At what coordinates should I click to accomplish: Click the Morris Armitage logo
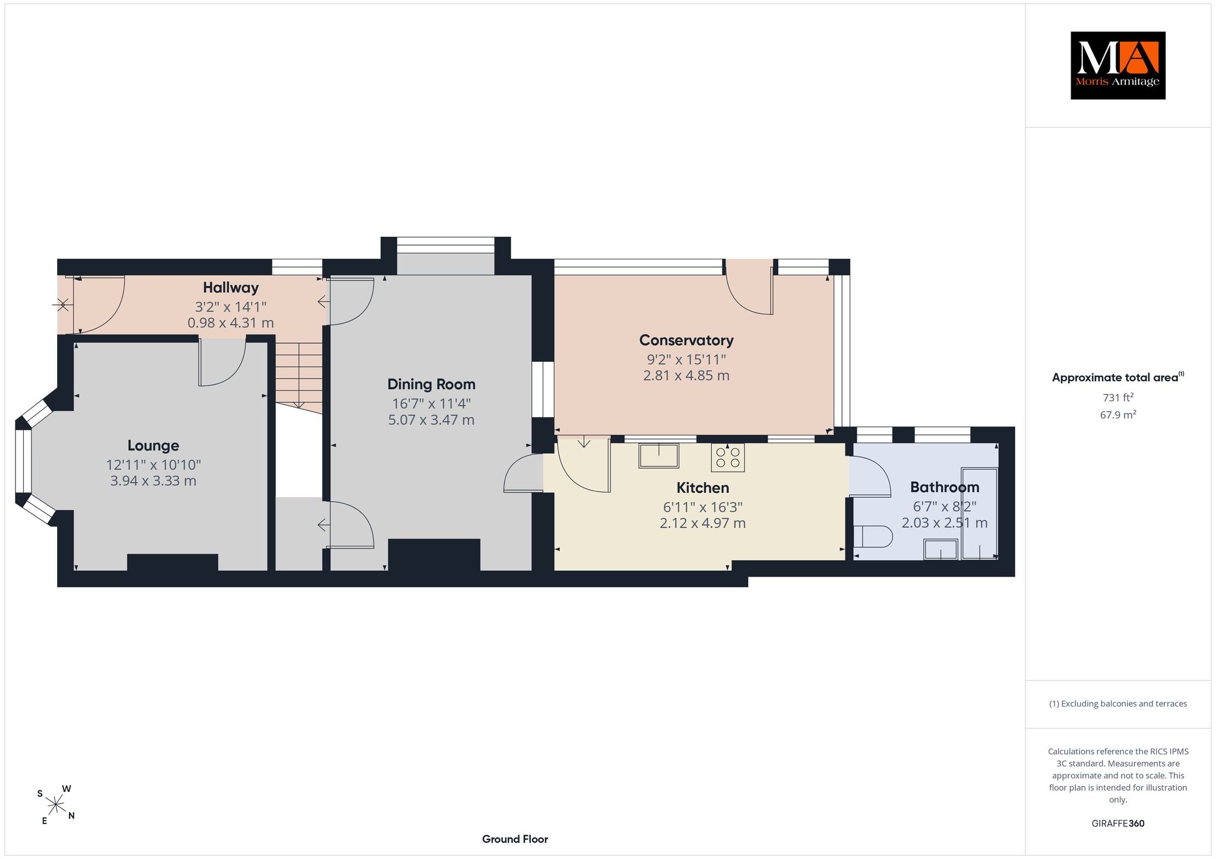(1118, 65)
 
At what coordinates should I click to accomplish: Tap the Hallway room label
(231, 288)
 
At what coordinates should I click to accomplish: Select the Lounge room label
(153, 446)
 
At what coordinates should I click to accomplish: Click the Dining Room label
(432, 384)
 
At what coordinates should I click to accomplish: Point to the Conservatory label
(686, 341)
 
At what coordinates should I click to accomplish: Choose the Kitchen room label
(703, 488)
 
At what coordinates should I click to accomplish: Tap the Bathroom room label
(945, 487)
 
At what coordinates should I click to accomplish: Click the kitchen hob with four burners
(728, 457)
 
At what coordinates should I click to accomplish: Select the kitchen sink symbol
(659, 456)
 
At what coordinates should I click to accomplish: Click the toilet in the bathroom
(873, 537)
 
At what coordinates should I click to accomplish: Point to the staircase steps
(299, 375)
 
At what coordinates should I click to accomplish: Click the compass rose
(56, 805)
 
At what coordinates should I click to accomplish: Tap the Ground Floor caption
(515, 839)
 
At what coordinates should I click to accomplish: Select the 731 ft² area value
(1118, 397)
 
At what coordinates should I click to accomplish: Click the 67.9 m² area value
(1118, 415)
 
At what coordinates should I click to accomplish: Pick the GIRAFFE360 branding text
(1118, 823)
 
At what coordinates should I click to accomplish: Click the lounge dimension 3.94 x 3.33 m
(153, 481)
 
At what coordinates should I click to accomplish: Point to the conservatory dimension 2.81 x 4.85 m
(686, 376)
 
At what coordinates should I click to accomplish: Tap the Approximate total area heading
(1118, 377)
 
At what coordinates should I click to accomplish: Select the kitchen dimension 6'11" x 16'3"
(703, 507)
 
